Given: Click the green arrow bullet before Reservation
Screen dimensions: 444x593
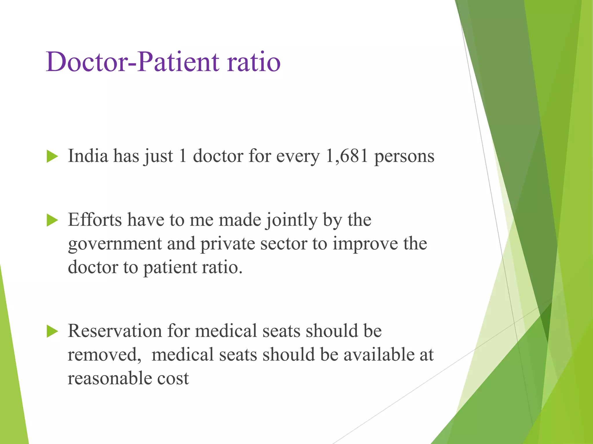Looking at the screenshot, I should (x=52, y=331).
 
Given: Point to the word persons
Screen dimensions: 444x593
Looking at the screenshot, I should (x=404, y=156).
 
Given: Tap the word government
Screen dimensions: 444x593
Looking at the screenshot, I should (x=115, y=244).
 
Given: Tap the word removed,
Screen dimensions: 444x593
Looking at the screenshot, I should (x=104, y=355).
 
